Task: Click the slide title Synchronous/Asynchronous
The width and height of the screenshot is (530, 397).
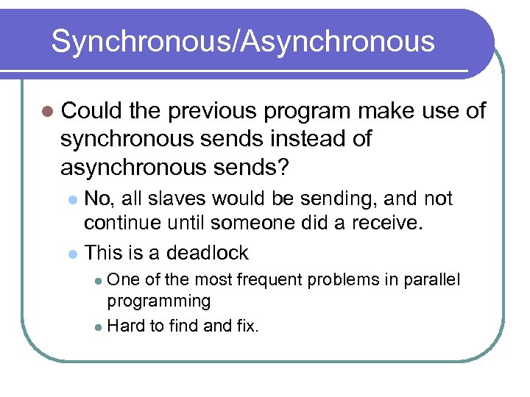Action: [243, 42]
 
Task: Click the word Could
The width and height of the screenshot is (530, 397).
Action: [91, 111]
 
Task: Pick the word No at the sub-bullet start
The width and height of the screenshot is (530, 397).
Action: [96, 198]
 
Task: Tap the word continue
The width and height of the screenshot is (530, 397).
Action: [122, 223]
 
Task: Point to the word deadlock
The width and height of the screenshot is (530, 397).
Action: [208, 253]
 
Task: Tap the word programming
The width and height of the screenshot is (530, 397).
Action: [159, 301]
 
